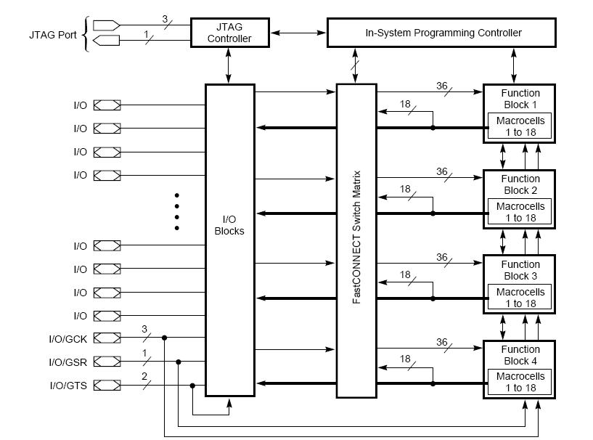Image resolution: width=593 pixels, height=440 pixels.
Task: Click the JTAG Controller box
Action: coord(229,33)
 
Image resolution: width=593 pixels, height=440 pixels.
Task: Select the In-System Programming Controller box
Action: coord(442,33)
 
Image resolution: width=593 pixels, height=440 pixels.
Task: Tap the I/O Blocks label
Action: coord(229,225)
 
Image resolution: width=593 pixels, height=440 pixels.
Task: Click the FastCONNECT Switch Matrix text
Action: coord(356,239)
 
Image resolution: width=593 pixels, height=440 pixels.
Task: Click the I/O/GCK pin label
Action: coord(68,338)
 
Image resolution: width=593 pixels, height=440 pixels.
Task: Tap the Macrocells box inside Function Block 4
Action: coord(520,382)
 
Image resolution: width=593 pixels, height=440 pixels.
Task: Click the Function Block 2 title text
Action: coord(520,184)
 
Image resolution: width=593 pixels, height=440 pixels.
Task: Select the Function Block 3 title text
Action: coord(520,270)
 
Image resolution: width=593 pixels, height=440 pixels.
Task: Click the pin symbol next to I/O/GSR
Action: coord(107,362)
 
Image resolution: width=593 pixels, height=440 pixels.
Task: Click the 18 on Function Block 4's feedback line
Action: coord(405,359)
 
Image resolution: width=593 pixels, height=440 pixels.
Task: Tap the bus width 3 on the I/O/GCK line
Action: coord(144,330)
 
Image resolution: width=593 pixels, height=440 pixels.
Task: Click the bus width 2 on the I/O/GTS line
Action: coord(144,376)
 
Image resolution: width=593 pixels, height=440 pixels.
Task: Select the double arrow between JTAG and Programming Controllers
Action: coord(298,33)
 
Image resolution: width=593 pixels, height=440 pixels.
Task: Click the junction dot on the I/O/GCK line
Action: coord(165,338)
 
